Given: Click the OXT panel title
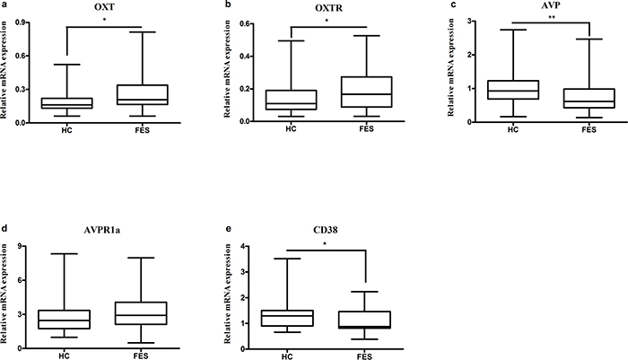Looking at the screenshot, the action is pyautogui.click(x=105, y=6).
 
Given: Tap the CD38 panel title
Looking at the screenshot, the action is pyautogui.click(x=325, y=230).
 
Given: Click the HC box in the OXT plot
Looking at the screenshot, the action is pyautogui.click(x=67, y=103).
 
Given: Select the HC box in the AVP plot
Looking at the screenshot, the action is pyautogui.click(x=513, y=90).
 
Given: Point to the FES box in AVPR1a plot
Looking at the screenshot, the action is pyautogui.click(x=141, y=313).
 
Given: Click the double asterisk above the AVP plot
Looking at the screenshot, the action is pyautogui.click(x=552, y=18).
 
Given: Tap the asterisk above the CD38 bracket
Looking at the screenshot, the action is pyautogui.click(x=325, y=243).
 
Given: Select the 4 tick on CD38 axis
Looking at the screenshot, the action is pyautogui.click(x=241, y=246).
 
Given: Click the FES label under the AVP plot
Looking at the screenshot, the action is pyautogui.click(x=589, y=130).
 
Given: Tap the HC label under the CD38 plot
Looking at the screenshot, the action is pyautogui.click(x=287, y=356).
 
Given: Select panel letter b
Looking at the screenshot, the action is pyautogui.click(x=228, y=4).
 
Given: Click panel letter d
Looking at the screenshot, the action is pyautogui.click(x=4, y=229).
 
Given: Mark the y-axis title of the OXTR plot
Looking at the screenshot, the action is pyautogui.click(x=227, y=68).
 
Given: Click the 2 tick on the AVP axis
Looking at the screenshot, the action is pyautogui.click(x=464, y=55).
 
